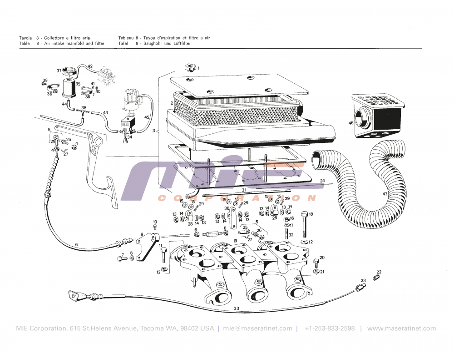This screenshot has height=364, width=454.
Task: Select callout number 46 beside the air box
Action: (351, 123)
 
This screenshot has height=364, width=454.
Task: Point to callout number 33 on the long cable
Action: (236, 308)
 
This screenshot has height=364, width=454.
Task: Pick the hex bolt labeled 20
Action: (316, 263)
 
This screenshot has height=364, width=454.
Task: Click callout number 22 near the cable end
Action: (379, 272)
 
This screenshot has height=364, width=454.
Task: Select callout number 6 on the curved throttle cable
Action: (76, 245)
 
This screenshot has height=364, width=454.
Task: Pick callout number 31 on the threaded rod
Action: (243, 190)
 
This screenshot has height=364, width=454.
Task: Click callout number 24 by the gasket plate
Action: (322, 181)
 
